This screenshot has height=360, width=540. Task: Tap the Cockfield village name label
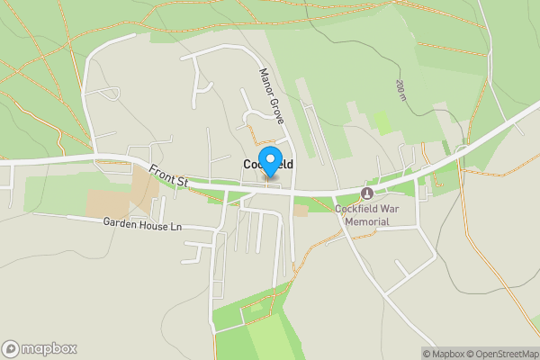(268, 165)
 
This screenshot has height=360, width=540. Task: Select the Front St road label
(168, 175)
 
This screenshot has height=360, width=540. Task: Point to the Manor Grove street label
(272, 96)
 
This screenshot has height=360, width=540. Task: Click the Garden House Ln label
(142, 224)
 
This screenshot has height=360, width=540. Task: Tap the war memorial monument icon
(366, 193)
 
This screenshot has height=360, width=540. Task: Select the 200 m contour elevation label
(400, 89)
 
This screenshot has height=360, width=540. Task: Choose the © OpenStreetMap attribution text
(502, 354)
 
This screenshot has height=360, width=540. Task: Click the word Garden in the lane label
(118, 224)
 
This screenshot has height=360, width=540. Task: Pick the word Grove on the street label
(278, 111)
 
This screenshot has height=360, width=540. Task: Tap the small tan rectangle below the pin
(301, 211)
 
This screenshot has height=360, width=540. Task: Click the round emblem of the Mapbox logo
(11, 348)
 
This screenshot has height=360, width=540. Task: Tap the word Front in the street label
(162, 171)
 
